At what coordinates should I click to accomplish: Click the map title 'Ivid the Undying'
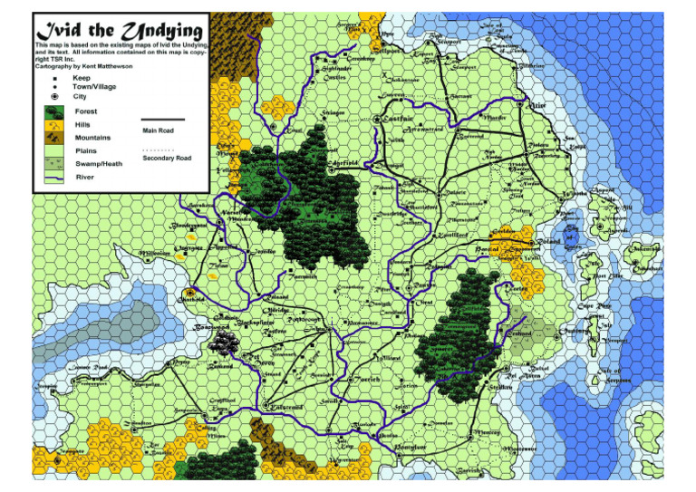tap(119, 29)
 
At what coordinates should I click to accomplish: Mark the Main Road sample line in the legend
tap(163, 120)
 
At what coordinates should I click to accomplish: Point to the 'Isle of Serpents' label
tap(619, 372)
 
